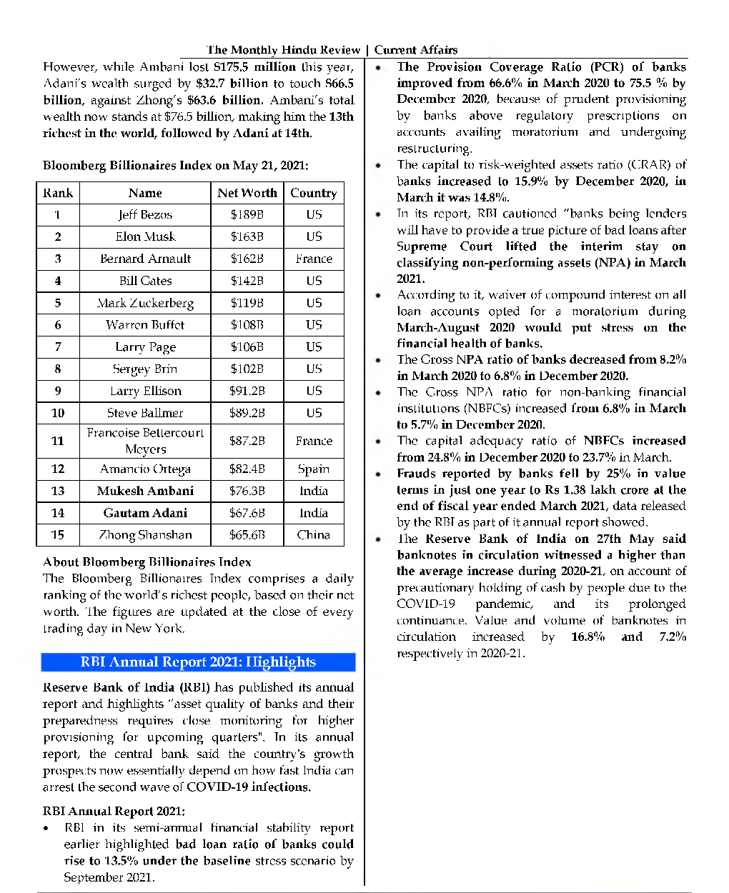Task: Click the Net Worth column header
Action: [247, 193]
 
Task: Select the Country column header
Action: [313, 193]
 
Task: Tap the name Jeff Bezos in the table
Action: [145, 214]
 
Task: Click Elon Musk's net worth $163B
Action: [247, 236]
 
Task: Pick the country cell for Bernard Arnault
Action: [314, 259]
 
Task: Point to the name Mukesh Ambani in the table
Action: [145, 491]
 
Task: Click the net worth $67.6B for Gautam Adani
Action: [247, 513]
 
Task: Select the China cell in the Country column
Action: [314, 534]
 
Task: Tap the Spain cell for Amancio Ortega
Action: [314, 469]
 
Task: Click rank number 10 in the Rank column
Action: [58, 413]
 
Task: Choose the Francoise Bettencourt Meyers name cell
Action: [145, 441]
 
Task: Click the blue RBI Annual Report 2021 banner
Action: [198, 662]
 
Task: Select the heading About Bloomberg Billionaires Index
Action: [147, 562]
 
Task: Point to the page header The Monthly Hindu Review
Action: [283, 50]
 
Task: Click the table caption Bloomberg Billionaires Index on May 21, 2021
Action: [175, 165]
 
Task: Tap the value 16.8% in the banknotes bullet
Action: [587, 637]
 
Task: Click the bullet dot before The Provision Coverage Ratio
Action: [378, 68]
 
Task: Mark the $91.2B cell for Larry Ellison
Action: [247, 391]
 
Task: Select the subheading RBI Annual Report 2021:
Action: [114, 811]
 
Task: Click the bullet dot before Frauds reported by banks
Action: [378, 474]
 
